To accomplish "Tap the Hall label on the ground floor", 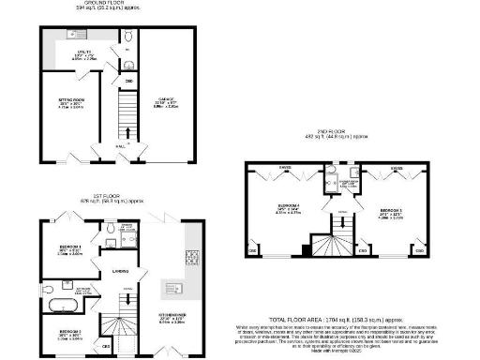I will tap(119, 146).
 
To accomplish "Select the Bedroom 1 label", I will tap(67, 251).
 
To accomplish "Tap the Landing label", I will tap(121, 273).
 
